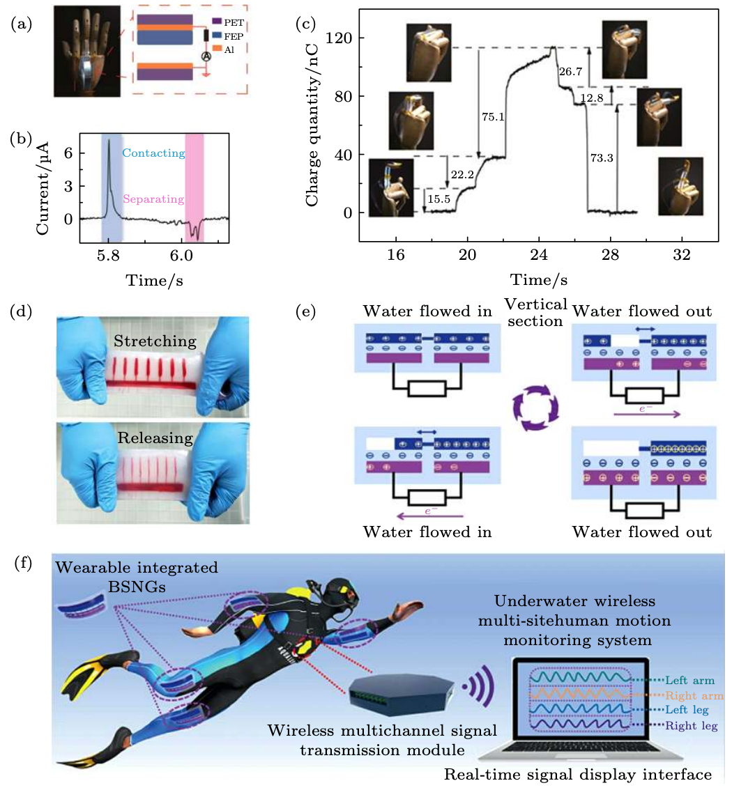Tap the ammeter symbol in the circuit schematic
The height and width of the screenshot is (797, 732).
click(x=206, y=57)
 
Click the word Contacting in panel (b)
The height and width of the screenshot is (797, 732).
click(x=153, y=153)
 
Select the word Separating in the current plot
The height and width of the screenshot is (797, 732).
click(x=153, y=199)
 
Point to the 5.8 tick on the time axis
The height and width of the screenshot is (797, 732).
click(x=108, y=255)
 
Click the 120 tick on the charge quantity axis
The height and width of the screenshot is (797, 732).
click(x=338, y=38)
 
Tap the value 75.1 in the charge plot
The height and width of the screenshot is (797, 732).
click(x=493, y=117)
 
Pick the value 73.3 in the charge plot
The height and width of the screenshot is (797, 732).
click(x=602, y=158)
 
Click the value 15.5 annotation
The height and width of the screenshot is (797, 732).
click(x=439, y=199)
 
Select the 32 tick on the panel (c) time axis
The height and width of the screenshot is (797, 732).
click(x=682, y=255)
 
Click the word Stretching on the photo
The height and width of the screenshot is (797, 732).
click(x=155, y=341)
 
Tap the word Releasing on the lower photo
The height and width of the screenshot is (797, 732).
click(x=155, y=438)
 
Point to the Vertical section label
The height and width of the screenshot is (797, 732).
click(x=535, y=313)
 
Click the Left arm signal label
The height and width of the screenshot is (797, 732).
click(x=689, y=680)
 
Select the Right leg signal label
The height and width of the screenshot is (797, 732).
click(x=692, y=726)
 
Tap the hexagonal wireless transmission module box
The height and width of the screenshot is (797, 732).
click(x=400, y=692)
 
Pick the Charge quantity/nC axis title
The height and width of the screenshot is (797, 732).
click(x=312, y=125)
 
